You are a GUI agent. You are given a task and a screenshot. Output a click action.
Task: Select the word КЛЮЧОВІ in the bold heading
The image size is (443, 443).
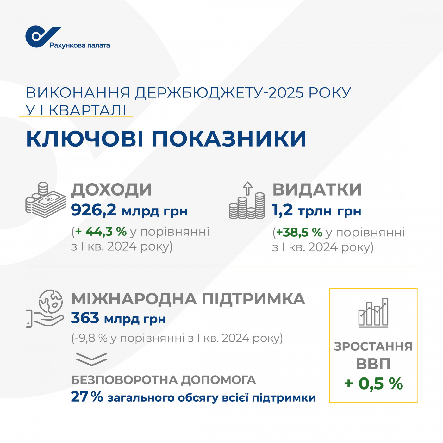click(x=85, y=139)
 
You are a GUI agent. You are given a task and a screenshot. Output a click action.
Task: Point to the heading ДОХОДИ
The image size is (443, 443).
click(x=111, y=190)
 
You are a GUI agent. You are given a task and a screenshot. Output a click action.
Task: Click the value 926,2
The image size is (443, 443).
click(x=94, y=210)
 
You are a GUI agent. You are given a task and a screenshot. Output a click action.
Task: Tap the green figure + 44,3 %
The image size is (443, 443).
click(x=101, y=232)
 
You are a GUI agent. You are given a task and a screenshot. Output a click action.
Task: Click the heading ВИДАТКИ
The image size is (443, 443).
click(x=317, y=190)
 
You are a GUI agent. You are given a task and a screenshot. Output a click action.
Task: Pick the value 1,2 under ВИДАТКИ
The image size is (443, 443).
click(x=282, y=210)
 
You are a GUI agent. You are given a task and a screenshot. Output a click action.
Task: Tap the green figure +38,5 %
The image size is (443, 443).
click(x=299, y=233)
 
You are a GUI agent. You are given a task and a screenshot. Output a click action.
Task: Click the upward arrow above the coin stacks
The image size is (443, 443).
click(x=248, y=188)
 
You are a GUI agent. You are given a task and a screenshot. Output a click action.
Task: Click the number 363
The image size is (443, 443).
click(x=85, y=318)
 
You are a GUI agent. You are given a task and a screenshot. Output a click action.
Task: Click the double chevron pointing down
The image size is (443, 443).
click(x=91, y=359)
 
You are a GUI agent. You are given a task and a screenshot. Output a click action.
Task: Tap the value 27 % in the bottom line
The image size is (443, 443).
click(x=87, y=397)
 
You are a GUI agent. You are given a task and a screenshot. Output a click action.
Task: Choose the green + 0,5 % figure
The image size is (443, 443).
click(x=373, y=384)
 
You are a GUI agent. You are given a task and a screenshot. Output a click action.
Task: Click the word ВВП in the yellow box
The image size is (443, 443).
click(x=373, y=364)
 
